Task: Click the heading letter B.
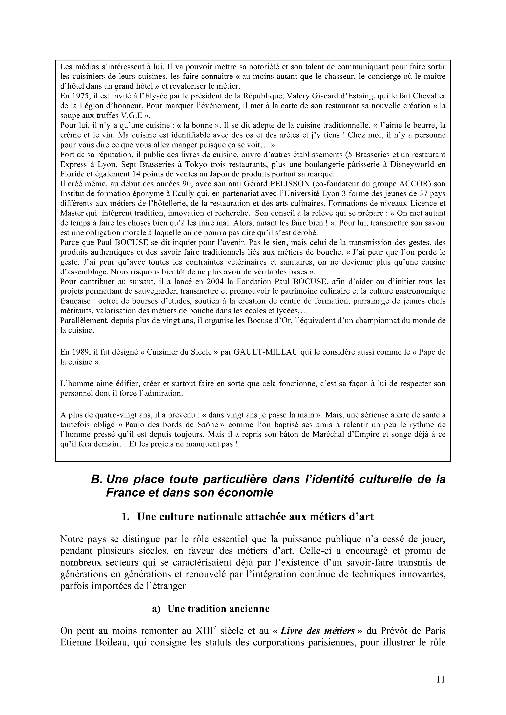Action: click(x=96, y=480)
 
